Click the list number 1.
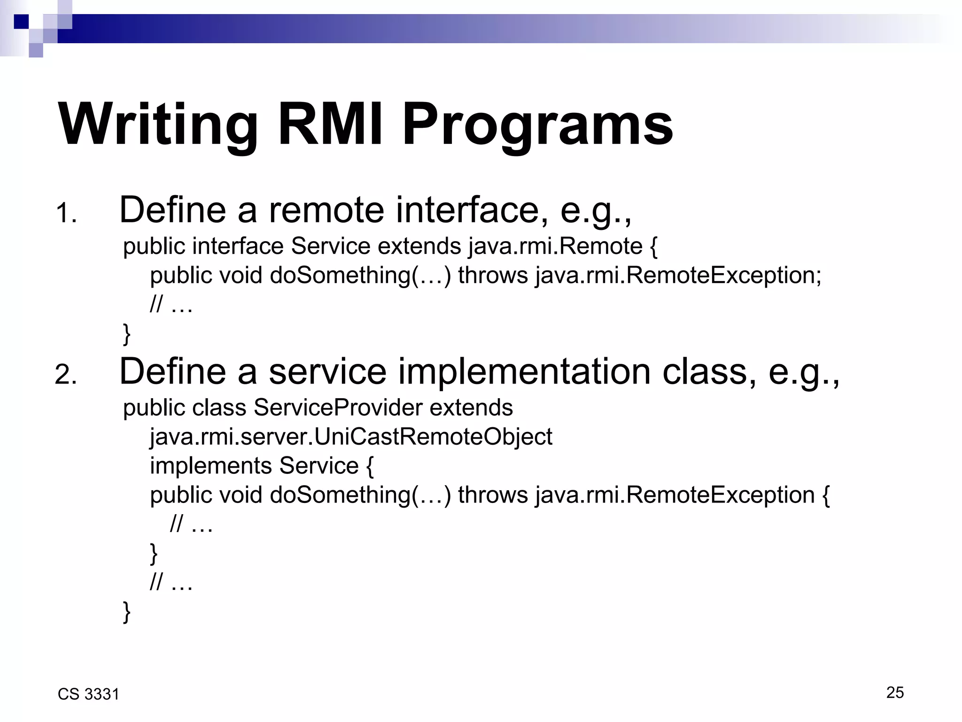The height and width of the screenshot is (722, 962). (66, 214)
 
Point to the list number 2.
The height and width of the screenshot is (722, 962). (66, 376)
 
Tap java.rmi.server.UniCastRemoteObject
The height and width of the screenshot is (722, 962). (351, 437)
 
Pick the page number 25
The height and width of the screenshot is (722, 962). (895, 692)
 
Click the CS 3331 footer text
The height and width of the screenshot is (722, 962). (88, 694)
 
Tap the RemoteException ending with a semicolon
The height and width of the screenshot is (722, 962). (723, 275)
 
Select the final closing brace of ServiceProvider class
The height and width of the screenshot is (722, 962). (126, 612)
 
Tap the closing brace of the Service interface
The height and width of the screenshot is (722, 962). (126, 333)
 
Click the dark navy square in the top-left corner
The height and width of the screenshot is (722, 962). (21, 22)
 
